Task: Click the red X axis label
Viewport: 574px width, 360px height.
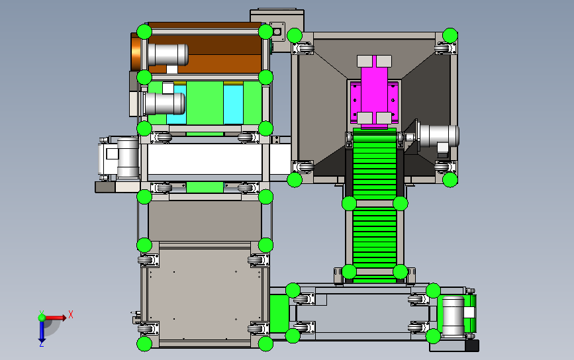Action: [71, 314]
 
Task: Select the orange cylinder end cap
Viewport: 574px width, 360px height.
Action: [136, 52]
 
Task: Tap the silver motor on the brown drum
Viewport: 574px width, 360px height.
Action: [168, 54]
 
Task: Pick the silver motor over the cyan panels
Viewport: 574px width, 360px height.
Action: [164, 103]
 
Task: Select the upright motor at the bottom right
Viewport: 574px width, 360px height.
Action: [454, 316]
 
